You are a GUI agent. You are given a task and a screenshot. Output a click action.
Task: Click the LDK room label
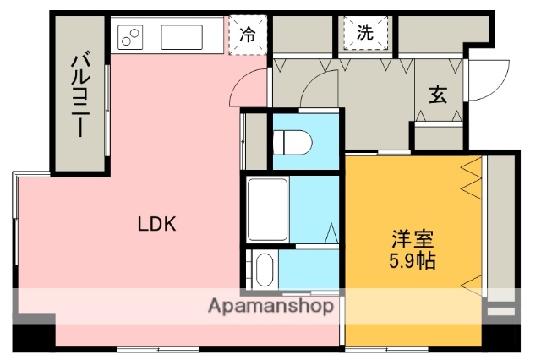(x=156, y=224)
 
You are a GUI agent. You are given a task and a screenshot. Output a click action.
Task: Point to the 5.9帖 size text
(x=413, y=260)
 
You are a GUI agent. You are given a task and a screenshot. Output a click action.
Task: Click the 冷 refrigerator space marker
(x=248, y=35)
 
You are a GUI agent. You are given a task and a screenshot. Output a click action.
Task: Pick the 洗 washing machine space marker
(x=364, y=34)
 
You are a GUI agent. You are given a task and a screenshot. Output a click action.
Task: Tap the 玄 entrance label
(x=437, y=95)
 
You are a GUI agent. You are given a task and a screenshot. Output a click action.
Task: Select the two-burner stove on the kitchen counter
(x=132, y=35)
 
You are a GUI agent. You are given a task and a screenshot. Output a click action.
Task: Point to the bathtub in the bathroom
(x=267, y=210)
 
